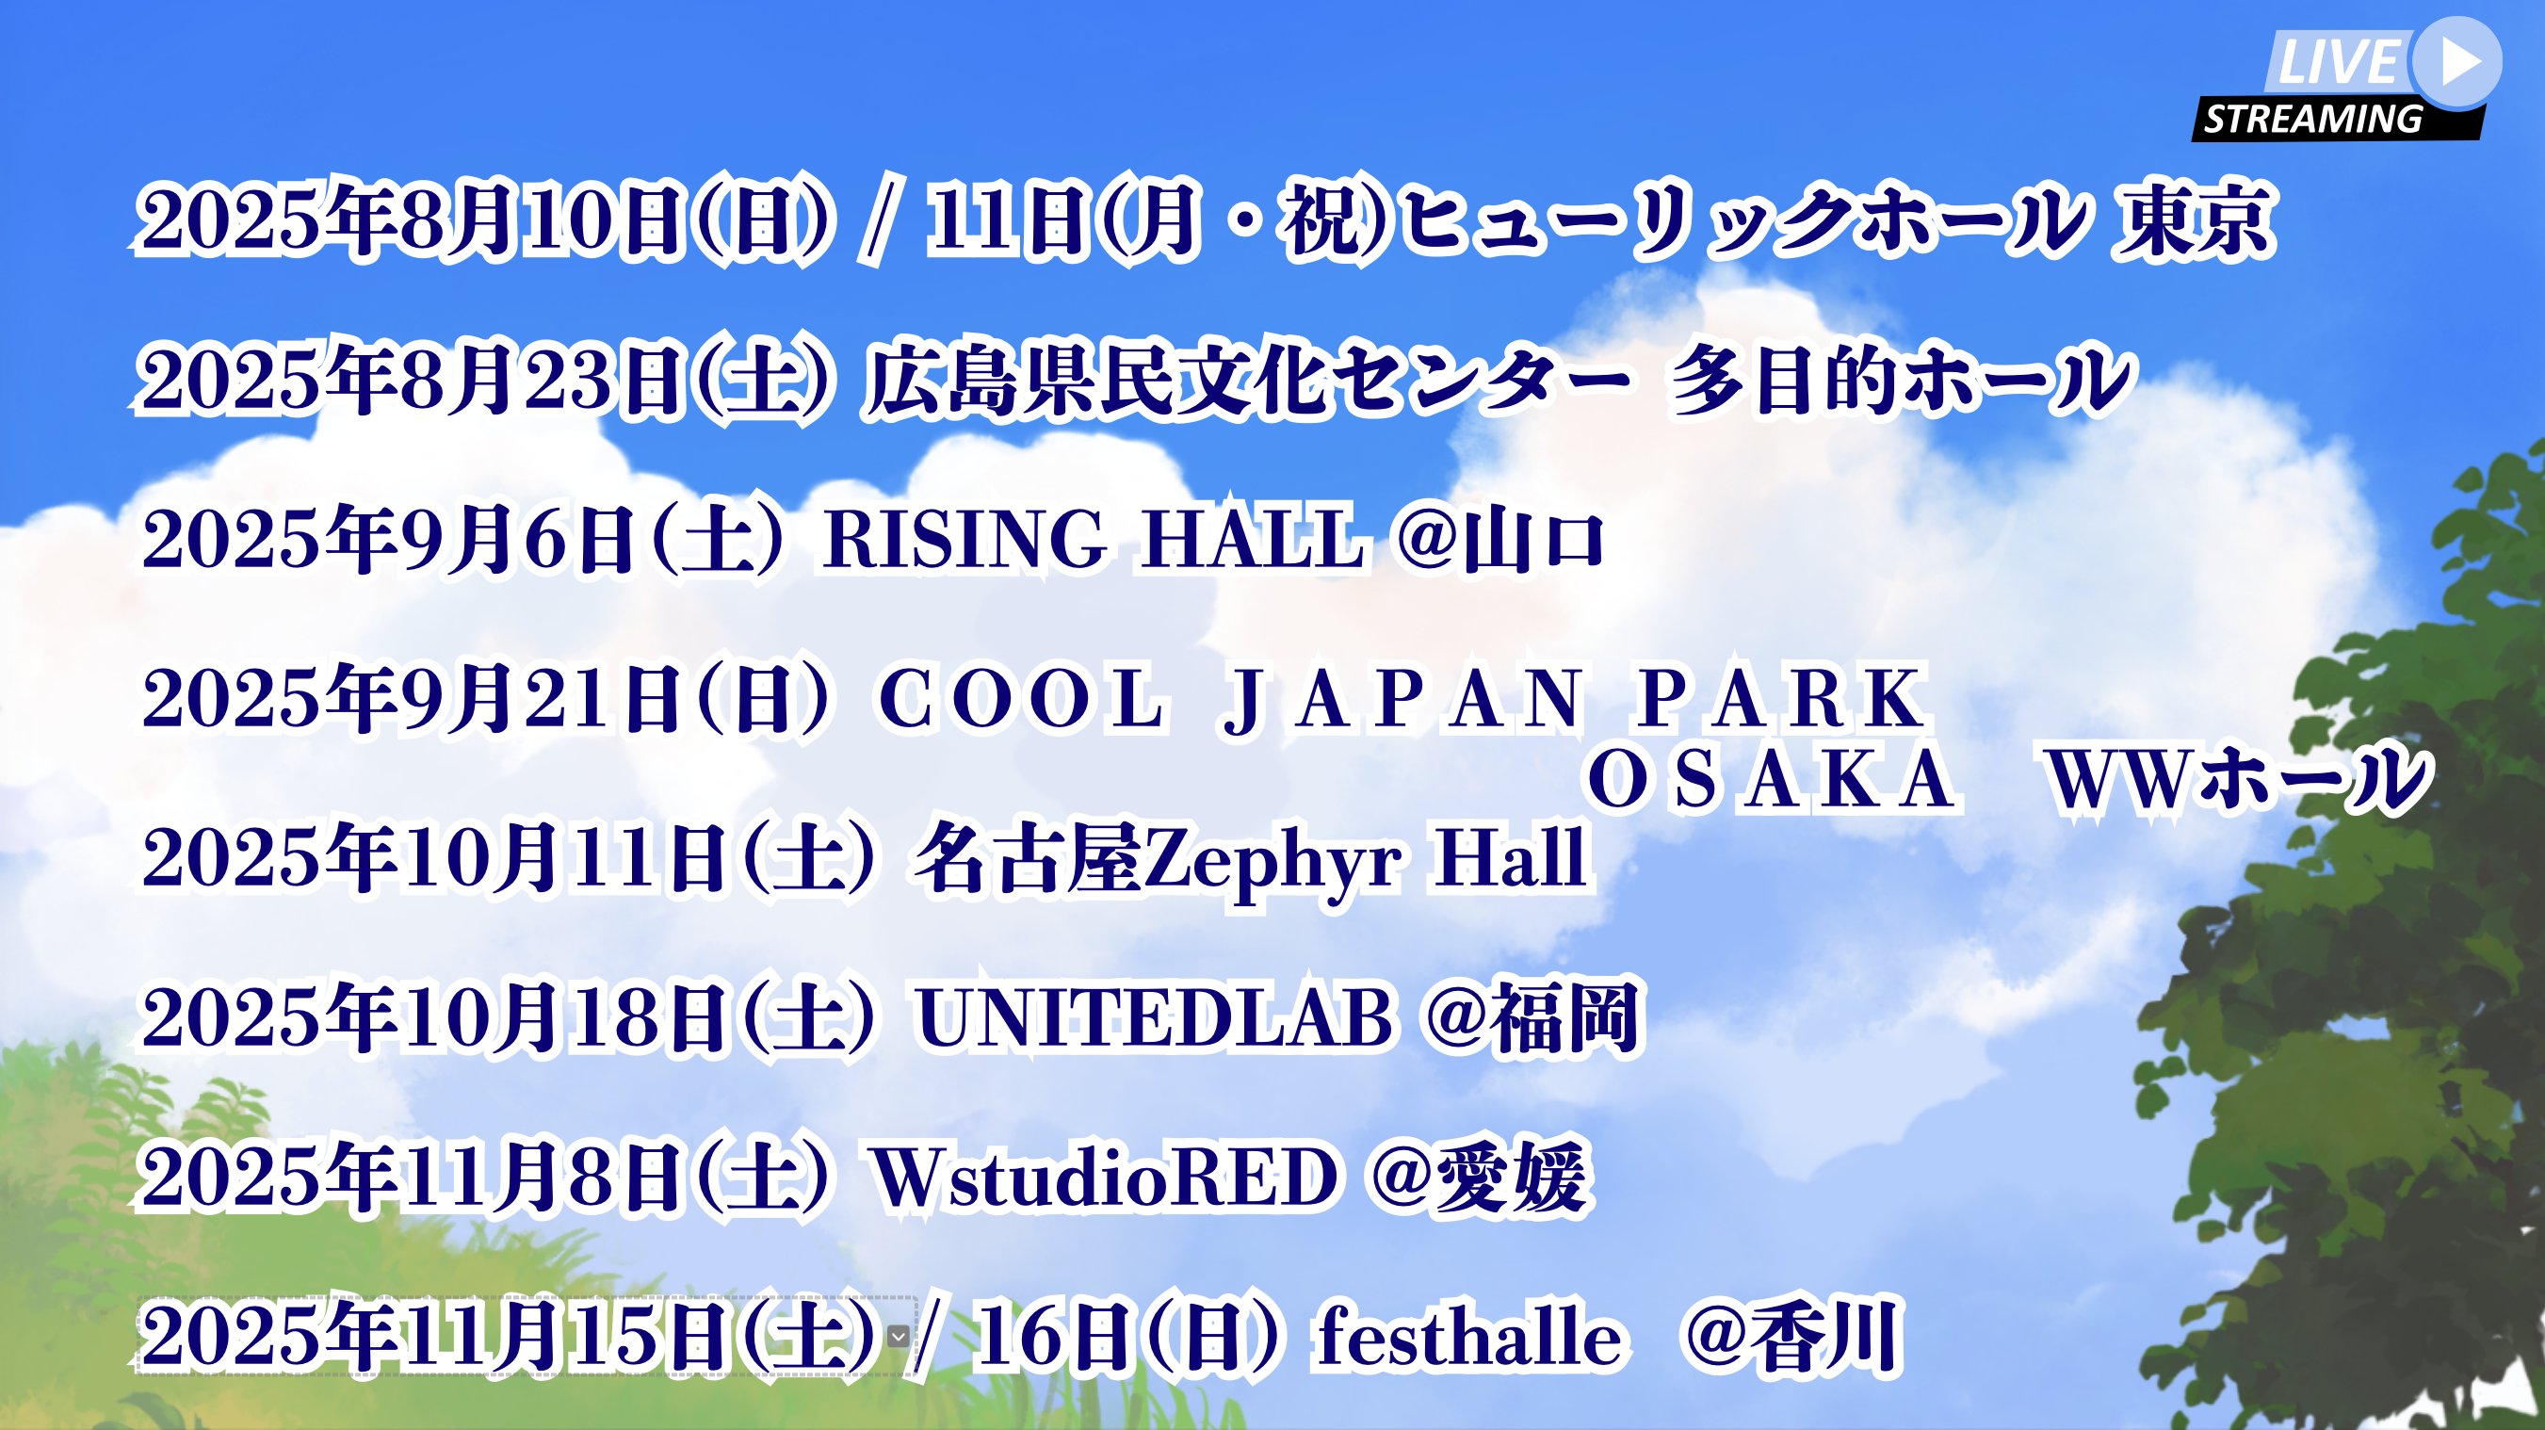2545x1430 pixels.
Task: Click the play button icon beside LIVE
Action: pyautogui.click(x=2456, y=61)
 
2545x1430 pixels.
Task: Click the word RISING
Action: pyautogui.click(x=965, y=540)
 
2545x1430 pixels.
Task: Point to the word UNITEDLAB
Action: pyautogui.click(x=1155, y=1019)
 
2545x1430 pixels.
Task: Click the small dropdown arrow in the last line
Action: pyautogui.click(x=898, y=1337)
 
